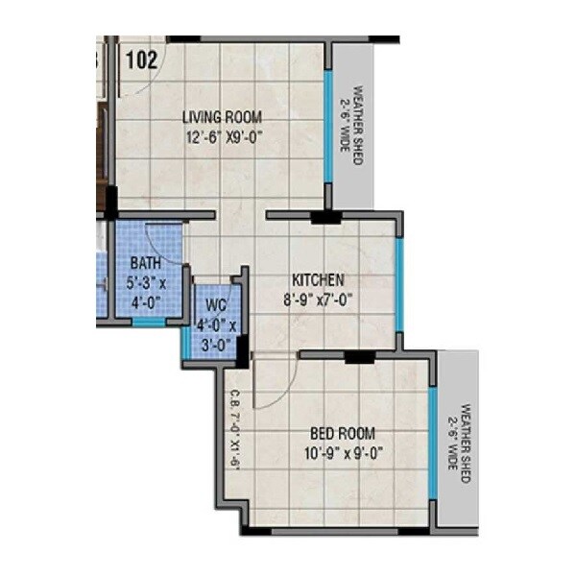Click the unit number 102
(141, 59)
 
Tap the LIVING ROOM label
(223, 117)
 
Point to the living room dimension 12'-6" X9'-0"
(225, 136)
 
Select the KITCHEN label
(319, 279)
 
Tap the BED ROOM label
(344, 433)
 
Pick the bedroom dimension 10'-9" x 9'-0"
(342, 453)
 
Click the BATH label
(146, 264)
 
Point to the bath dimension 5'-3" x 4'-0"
(146, 292)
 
